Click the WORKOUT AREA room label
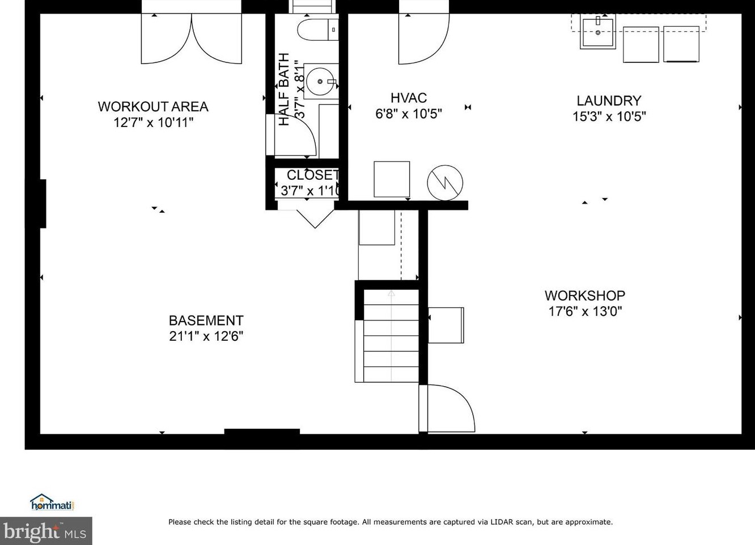[x=153, y=107]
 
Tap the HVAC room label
[x=409, y=98]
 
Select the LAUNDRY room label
[x=609, y=101]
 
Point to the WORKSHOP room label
[x=585, y=296]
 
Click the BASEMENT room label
[x=206, y=320]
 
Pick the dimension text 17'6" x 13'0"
[x=585, y=311]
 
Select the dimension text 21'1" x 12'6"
[x=206, y=336]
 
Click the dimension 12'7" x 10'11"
[x=153, y=122]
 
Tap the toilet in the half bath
[x=317, y=29]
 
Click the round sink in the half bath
[x=320, y=81]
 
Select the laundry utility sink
[x=597, y=32]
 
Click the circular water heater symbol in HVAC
[x=445, y=183]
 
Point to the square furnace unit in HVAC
[x=392, y=179]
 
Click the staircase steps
[x=391, y=336]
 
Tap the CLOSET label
[x=312, y=175]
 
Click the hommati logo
[x=52, y=502]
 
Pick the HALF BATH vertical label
[x=284, y=90]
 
